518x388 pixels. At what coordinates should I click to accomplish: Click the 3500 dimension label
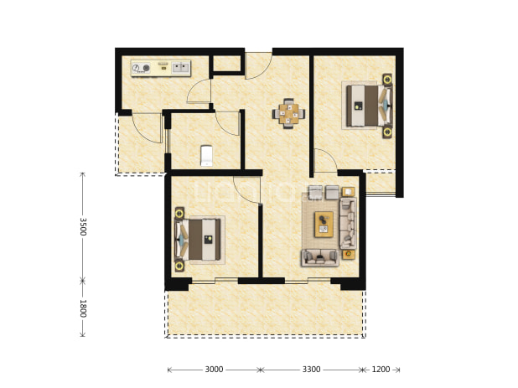coord(83,226)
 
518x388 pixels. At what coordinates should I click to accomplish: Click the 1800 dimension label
coord(83,308)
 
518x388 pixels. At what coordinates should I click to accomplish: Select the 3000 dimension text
coord(214,370)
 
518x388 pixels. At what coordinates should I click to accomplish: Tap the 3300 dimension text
coord(311,370)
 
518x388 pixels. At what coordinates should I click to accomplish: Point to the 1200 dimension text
coord(381,370)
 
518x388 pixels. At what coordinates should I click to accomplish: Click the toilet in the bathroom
coord(207,156)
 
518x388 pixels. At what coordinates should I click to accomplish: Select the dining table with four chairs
coord(288,114)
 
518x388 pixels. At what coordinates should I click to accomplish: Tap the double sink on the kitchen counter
coord(180,68)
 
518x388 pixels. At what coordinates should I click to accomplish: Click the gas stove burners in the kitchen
coord(141,69)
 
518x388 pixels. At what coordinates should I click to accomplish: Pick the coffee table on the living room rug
coord(324,225)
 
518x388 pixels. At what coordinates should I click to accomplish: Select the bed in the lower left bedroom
coord(198,240)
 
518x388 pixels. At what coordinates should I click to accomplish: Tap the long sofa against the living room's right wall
coord(348,224)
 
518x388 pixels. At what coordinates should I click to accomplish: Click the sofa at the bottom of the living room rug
coord(320,257)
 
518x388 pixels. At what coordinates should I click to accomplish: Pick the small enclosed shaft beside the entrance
coord(227,64)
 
